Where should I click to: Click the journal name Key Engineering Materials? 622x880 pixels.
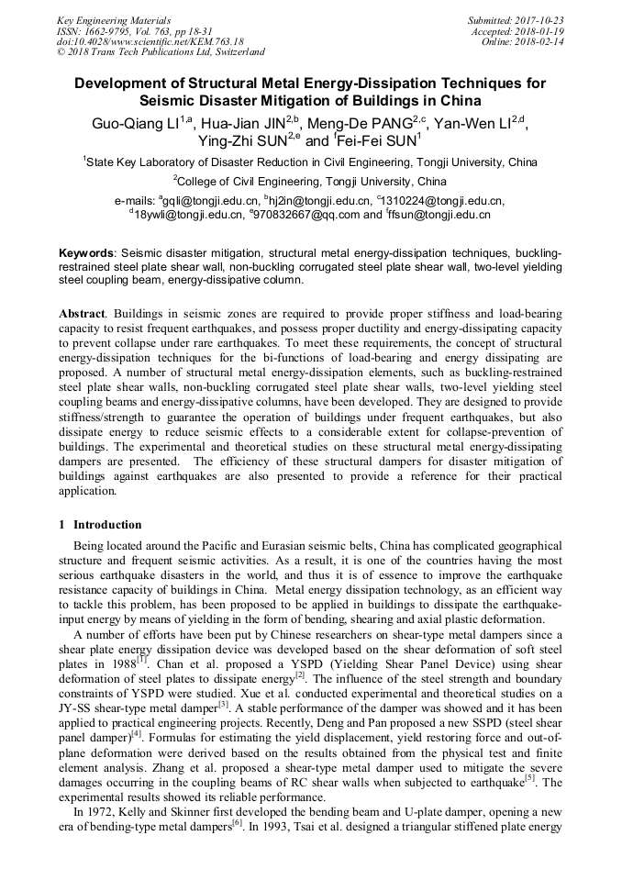[115, 20]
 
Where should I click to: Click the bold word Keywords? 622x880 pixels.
[86, 251]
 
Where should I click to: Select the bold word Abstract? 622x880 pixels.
[82, 313]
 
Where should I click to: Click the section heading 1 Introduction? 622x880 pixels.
[100, 525]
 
